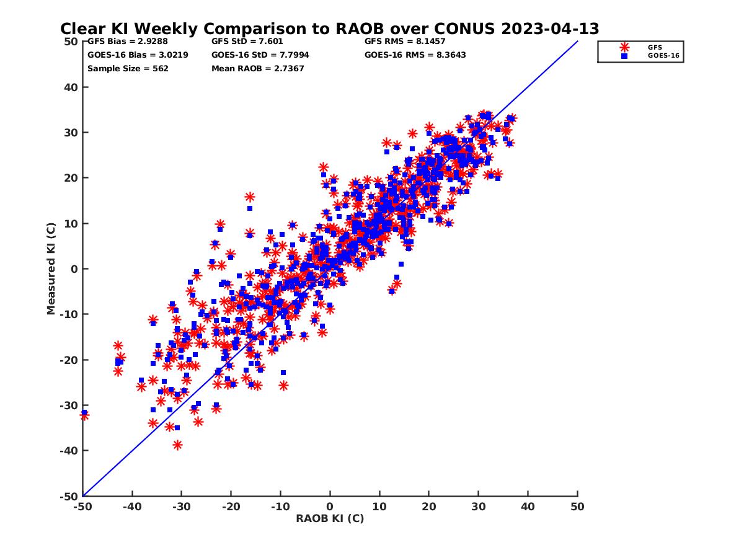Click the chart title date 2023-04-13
(550, 29)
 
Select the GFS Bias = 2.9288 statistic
(128, 42)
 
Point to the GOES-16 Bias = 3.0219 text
(138, 55)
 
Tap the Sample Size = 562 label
(128, 69)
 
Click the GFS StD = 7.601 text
(247, 42)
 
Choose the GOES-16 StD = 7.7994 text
(260, 55)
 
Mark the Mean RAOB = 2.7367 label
(257, 68)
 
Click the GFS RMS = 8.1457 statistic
(405, 42)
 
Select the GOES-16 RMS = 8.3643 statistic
(415, 55)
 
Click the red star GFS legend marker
(624, 48)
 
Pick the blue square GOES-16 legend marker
(624, 56)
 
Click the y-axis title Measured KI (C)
(50, 268)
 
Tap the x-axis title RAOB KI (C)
(330, 518)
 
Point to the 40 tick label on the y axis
(71, 87)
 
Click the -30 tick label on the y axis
(69, 405)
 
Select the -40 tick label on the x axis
(132, 507)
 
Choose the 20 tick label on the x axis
(429, 507)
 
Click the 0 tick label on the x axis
(330, 507)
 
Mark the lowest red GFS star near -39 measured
(177, 445)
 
